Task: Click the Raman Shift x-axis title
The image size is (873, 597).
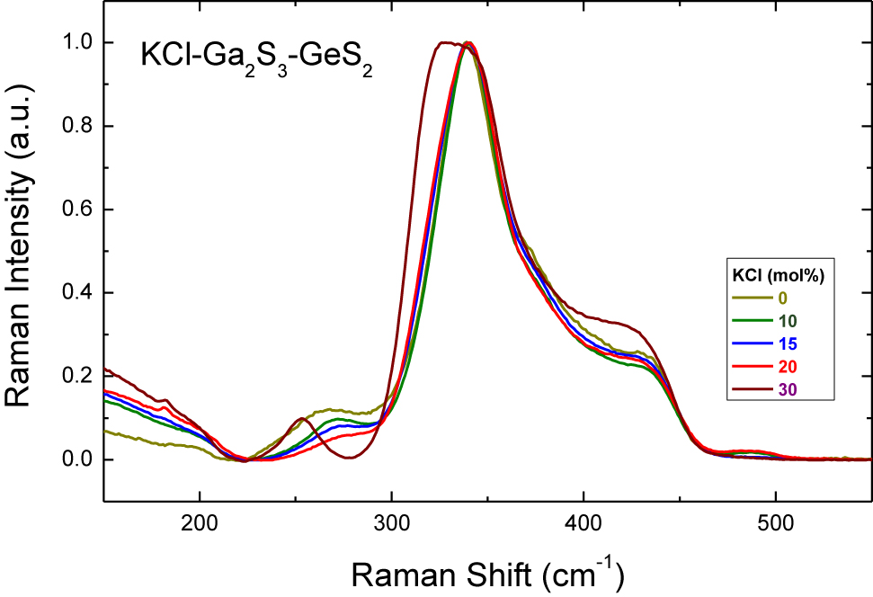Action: click(x=487, y=572)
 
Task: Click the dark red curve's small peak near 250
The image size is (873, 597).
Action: click(x=302, y=419)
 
